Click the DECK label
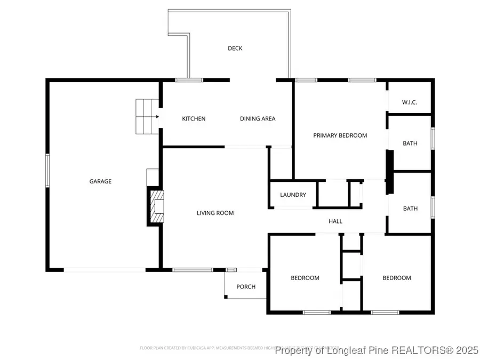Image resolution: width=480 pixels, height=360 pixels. point(235,49)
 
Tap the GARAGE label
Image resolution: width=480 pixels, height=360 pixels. point(100,181)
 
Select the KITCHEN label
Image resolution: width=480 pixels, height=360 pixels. point(194,119)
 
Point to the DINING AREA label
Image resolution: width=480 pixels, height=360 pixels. point(258,119)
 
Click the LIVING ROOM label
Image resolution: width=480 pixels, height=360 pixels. point(215,213)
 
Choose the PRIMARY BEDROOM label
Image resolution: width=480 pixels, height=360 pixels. point(340,135)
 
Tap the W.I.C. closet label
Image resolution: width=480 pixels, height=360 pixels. point(410,102)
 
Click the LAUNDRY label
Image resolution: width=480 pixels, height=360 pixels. point(293,195)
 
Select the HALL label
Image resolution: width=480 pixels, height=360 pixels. point(335,221)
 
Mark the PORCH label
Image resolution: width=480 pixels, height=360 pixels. point(246,287)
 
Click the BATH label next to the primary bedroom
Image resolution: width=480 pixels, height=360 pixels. point(410,143)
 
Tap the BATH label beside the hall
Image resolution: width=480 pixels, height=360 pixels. point(410,209)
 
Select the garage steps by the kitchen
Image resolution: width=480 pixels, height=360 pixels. point(147,116)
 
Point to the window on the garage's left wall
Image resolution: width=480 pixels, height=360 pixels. point(47,170)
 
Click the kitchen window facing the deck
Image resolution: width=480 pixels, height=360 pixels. point(189,80)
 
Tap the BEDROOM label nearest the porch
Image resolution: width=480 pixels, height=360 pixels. point(305,278)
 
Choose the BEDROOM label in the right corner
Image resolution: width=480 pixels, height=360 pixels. point(397,278)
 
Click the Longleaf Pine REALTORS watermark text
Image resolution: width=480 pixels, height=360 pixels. point(373,350)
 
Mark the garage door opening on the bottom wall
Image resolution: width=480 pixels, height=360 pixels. point(105,270)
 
